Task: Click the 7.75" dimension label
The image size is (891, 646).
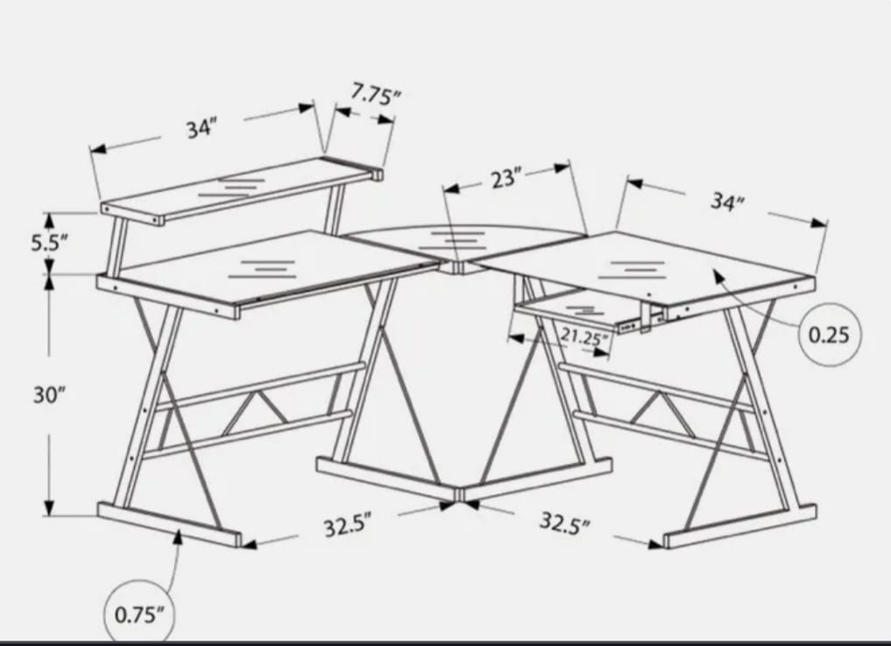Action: click(376, 94)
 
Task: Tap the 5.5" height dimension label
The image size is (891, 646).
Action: click(49, 243)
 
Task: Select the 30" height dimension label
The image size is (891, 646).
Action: click(50, 394)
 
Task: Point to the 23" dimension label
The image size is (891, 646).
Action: click(503, 179)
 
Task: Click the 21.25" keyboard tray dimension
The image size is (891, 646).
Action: click(583, 336)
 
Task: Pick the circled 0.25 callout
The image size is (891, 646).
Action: click(829, 334)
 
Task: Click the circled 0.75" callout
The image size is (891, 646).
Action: click(139, 613)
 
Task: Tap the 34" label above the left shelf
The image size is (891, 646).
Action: click(201, 128)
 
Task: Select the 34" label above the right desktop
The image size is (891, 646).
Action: click(726, 202)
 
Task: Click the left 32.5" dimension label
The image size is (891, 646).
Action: click(347, 527)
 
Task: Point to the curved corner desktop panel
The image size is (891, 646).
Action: click(456, 238)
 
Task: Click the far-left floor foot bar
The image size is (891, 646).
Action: click(166, 523)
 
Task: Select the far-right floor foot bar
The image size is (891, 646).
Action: click(740, 525)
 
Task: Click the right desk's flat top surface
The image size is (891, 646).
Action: click(648, 263)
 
